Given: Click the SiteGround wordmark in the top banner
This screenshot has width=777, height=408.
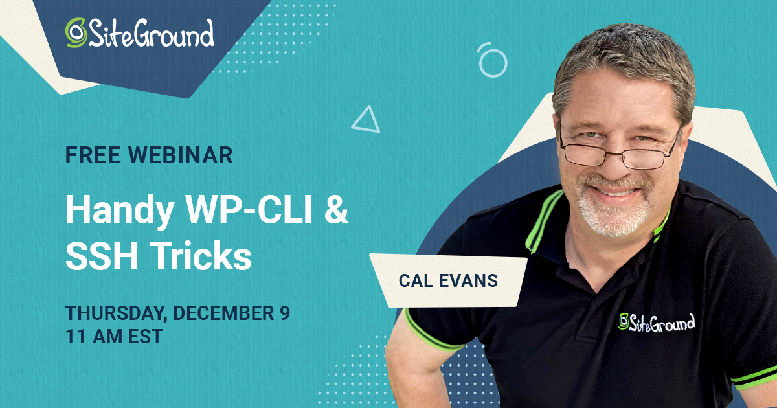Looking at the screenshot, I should point(151,33).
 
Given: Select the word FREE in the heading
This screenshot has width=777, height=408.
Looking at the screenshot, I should point(93,155).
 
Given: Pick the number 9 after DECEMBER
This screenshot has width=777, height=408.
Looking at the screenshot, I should point(285,313).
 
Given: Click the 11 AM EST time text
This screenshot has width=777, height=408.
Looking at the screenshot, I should point(113,336).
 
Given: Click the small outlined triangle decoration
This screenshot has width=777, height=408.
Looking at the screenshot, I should point(366,120).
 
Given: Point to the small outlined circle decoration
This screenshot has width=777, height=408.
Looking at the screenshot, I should point(492,60).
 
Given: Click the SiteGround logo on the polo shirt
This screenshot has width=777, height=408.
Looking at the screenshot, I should point(657,322).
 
